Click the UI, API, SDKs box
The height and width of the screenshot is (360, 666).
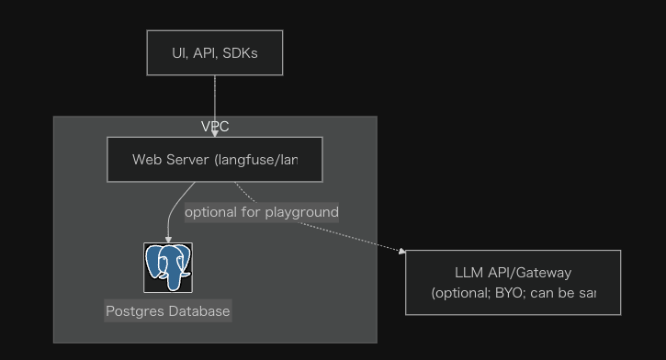(x=215, y=52)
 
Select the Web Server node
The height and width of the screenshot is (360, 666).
(x=215, y=160)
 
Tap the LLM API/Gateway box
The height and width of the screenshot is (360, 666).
(x=513, y=282)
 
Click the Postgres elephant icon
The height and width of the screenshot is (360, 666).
(x=168, y=267)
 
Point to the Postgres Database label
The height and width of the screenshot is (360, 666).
(x=168, y=310)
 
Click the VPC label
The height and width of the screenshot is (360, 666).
(x=215, y=127)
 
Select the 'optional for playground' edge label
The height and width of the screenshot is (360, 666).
(x=262, y=212)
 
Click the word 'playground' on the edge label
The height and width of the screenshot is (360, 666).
(x=301, y=212)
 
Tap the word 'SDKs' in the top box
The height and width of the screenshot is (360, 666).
(x=240, y=52)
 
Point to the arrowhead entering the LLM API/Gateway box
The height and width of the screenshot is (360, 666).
(x=401, y=250)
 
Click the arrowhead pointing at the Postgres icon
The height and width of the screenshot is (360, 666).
(x=168, y=239)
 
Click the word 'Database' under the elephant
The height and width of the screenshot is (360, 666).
(x=199, y=310)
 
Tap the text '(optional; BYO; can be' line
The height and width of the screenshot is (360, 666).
(x=513, y=293)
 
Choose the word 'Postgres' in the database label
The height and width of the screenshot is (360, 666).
(x=136, y=310)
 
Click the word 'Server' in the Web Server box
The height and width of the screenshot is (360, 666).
(x=187, y=160)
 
